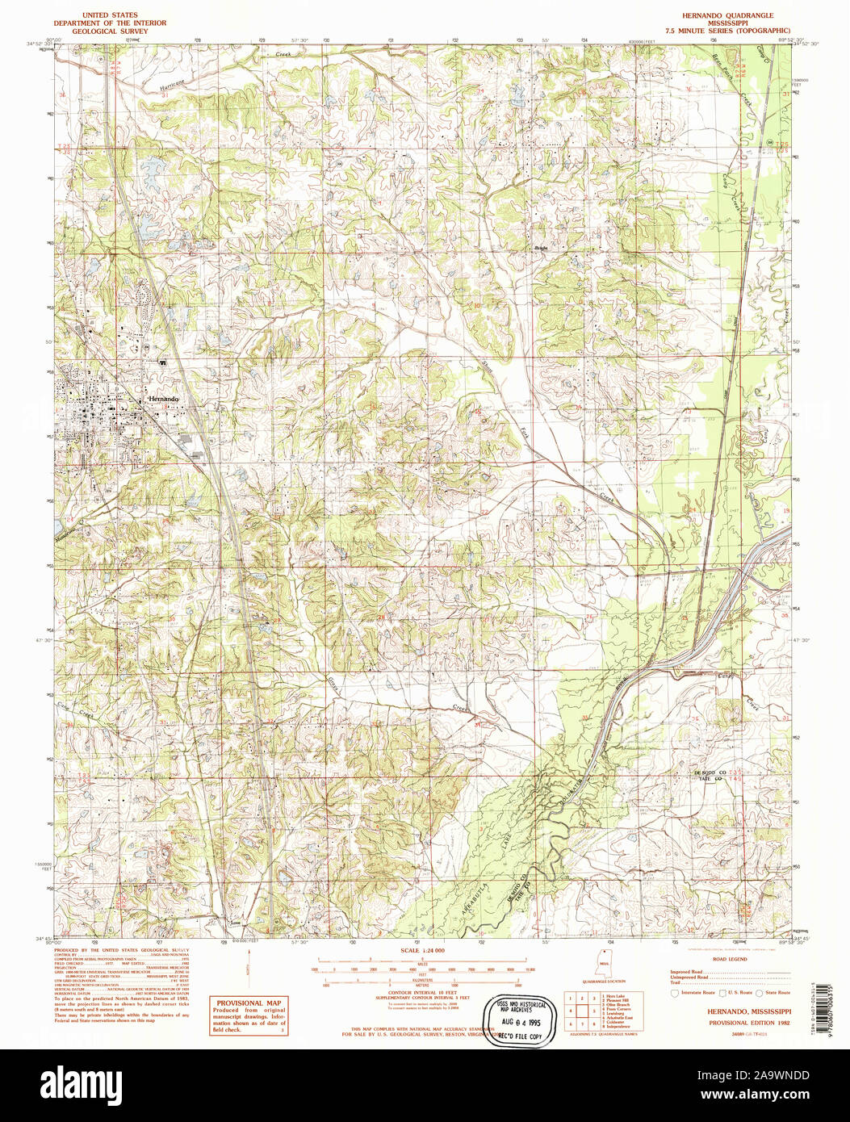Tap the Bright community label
(540, 249)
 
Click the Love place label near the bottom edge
(236, 922)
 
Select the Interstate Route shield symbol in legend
(674, 992)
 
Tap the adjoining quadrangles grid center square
(582, 1010)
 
